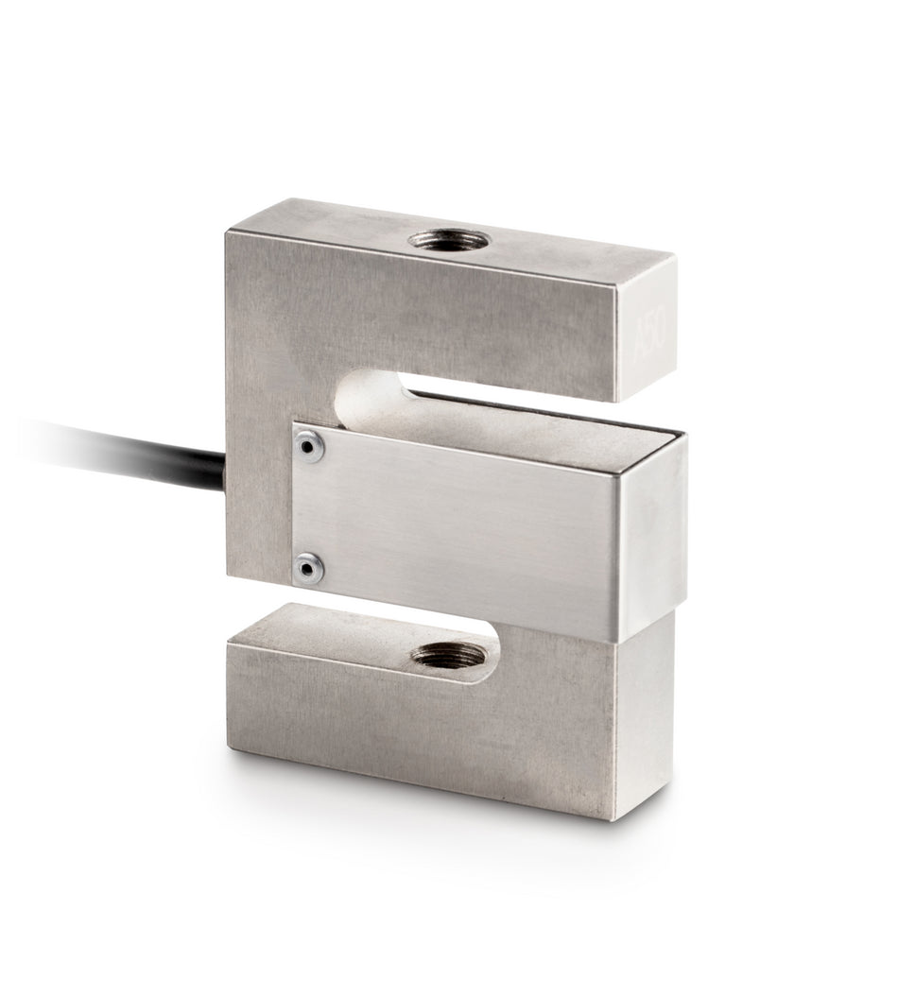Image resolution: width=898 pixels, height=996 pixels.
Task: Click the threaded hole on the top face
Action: click(x=448, y=240)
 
